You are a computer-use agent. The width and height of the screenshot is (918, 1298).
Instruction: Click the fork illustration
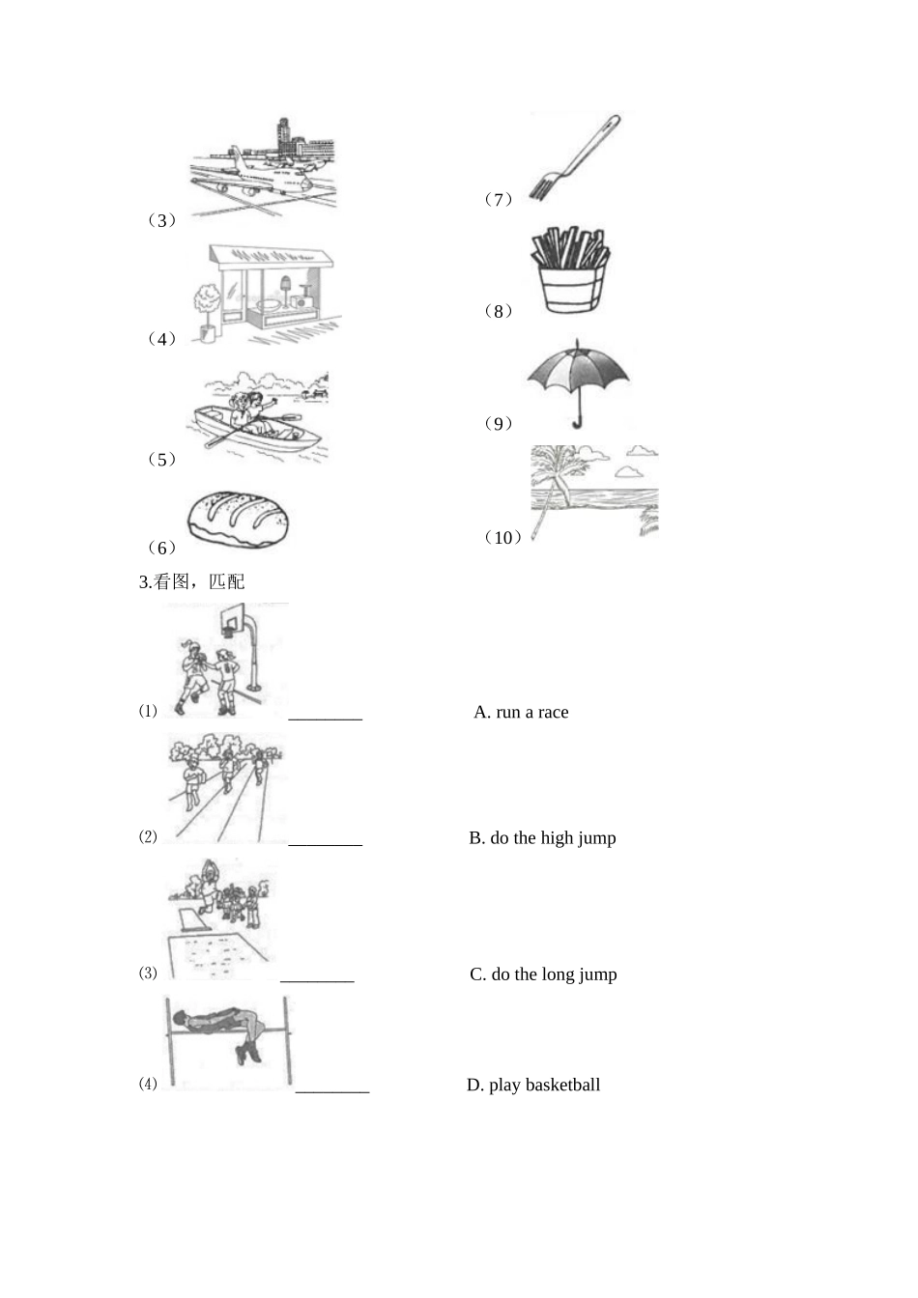point(574,157)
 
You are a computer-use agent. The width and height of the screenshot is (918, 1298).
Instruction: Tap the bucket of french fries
point(570,269)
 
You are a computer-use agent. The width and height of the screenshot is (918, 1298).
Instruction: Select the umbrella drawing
point(578,383)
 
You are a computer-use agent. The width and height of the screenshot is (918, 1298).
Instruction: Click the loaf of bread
point(238,519)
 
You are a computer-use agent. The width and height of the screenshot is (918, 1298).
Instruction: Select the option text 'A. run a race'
point(521,712)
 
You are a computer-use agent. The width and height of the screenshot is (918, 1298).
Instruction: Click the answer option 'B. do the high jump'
point(542,838)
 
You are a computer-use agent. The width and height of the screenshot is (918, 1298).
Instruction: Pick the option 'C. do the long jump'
point(543,974)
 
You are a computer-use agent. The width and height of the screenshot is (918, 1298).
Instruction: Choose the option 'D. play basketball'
point(533,1085)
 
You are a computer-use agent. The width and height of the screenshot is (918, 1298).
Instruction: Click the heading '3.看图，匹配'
point(192,581)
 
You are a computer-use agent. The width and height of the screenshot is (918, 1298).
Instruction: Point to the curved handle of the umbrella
point(577,421)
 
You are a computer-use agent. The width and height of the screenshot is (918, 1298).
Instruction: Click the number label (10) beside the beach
point(502,537)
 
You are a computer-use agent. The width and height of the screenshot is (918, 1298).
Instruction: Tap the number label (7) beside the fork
point(499,199)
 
